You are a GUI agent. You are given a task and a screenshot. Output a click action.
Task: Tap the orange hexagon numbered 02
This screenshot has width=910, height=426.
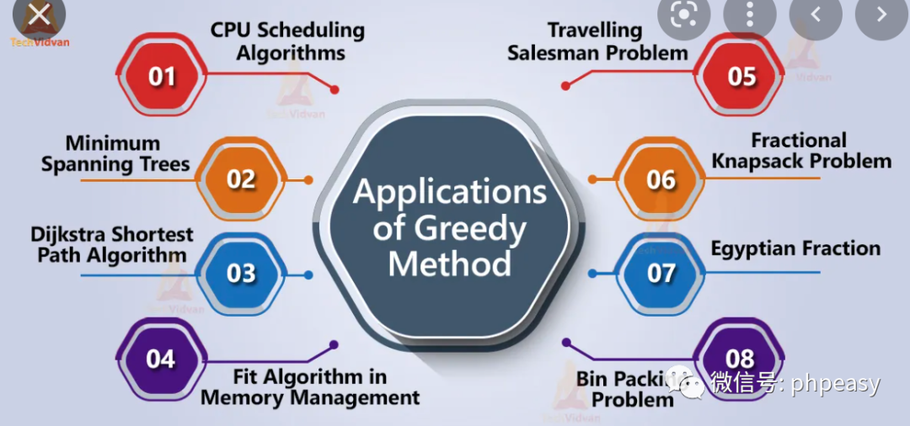coord(241,179)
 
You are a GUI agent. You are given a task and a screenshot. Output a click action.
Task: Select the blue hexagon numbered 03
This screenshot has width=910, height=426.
coord(241,274)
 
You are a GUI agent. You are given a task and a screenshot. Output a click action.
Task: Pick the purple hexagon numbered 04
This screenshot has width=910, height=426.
coord(160,359)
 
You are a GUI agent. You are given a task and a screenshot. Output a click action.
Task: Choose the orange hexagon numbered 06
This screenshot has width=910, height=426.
coord(661,179)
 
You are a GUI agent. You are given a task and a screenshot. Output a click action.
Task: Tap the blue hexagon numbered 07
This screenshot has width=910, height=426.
coord(661,274)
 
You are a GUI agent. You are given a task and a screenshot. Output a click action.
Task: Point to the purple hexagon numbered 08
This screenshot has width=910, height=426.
coord(739,360)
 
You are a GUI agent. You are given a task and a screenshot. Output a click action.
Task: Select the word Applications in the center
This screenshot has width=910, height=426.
coord(450,192)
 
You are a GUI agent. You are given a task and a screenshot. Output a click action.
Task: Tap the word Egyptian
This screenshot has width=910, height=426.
coord(754,248)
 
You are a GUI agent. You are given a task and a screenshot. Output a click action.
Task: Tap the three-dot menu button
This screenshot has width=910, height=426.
coord(748,14)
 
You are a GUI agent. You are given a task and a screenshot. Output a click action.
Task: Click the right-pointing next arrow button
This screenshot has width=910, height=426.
coord(881,14)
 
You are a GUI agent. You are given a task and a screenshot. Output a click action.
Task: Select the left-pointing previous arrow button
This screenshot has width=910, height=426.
coord(815,14)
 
